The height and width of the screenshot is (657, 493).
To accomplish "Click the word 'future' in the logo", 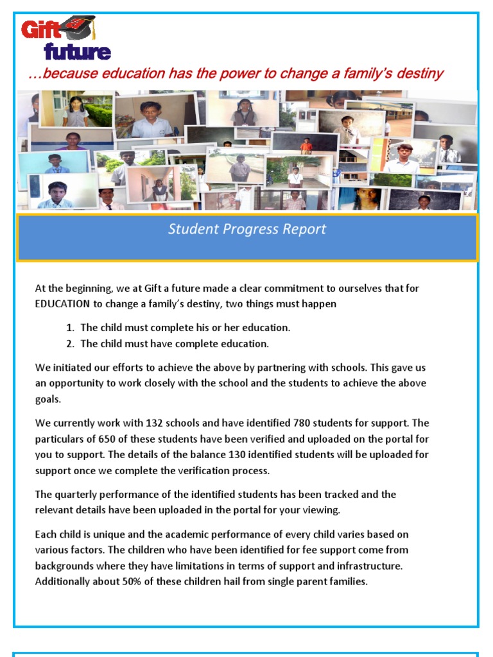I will coord(77,52).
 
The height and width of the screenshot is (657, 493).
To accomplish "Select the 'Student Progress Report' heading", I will coord(247,229).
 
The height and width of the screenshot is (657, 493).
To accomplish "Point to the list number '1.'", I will coord(70,328).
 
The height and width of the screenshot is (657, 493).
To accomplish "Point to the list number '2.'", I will coord(70,344).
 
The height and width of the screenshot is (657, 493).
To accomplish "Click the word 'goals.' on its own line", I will coord(49,399).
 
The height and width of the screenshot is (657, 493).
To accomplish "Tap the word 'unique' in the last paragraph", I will coord(105,534).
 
